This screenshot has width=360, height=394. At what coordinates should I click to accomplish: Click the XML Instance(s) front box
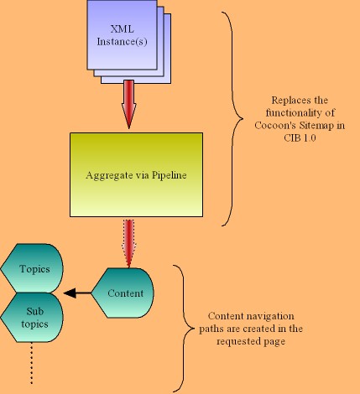122,35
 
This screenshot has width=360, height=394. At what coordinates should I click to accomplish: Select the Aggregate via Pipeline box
136,174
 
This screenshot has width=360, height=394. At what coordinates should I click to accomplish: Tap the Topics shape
32,268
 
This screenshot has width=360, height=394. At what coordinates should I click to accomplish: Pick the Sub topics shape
32,318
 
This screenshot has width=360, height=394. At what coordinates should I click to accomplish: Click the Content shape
123,293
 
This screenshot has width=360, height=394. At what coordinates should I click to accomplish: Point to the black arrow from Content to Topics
77,293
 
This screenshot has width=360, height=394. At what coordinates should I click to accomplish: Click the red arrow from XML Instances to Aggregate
129,104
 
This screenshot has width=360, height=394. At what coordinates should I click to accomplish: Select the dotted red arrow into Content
128,244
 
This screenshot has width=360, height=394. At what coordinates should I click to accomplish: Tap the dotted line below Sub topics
31,364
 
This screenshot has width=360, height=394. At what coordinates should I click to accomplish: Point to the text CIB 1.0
300,137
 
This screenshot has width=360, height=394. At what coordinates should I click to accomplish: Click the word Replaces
284,101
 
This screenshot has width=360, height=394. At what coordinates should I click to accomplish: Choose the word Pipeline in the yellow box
170,175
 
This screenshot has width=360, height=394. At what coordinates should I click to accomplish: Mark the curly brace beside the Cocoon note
232,119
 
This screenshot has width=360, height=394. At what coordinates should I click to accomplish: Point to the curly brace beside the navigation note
184,329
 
